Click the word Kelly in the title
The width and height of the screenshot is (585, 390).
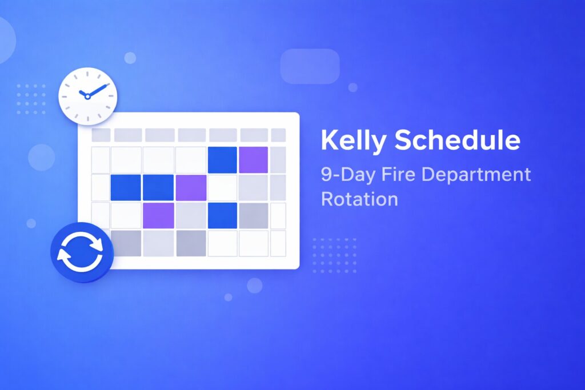(352, 141)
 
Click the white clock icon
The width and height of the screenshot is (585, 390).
(87, 95)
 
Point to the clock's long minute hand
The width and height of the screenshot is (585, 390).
(98, 90)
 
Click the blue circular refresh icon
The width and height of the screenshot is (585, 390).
(82, 252)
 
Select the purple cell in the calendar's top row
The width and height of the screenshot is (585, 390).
(253, 160)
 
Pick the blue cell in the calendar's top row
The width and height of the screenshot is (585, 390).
(222, 160)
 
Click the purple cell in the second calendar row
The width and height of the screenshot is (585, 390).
(191, 187)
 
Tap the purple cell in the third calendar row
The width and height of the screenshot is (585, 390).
(158, 215)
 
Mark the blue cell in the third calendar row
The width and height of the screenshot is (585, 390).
(222, 215)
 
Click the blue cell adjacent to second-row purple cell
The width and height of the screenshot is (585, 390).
(158, 187)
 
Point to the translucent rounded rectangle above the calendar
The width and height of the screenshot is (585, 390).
(310, 66)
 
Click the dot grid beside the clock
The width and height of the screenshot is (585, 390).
(31, 98)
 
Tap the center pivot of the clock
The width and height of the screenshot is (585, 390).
(87, 96)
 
